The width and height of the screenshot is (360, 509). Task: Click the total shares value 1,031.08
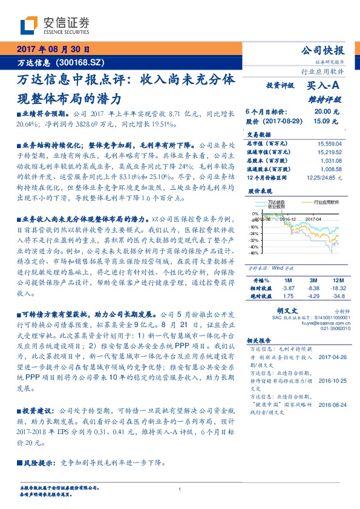click(332, 161)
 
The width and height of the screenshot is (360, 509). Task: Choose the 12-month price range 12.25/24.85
click(326, 178)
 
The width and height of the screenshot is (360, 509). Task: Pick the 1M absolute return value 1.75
click(288, 296)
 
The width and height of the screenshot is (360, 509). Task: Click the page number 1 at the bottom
click(180, 490)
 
